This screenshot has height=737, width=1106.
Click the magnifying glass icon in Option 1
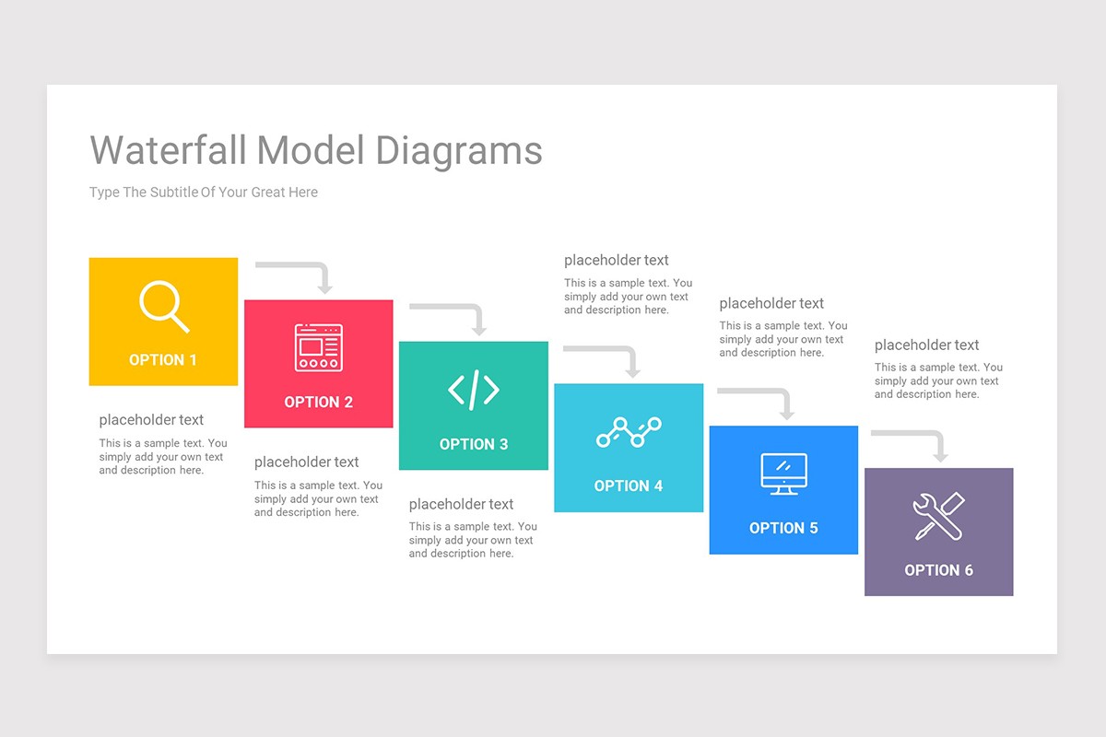[163, 306]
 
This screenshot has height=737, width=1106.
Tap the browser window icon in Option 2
[318, 347]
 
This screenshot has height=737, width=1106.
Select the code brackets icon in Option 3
[474, 390]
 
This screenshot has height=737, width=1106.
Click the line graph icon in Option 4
[629, 431]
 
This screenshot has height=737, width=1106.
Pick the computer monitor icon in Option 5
[783, 474]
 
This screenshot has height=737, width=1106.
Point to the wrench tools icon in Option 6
[938, 516]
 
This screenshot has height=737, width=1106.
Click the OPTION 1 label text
[163, 360]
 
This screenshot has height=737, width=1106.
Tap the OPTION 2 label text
[318, 403]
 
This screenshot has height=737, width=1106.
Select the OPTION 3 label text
[474, 444]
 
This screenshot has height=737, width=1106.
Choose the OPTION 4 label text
[629, 486]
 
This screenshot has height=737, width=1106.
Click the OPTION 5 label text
[783, 528]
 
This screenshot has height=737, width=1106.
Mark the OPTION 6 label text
[938, 570]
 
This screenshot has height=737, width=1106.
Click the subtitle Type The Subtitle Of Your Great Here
[204, 193]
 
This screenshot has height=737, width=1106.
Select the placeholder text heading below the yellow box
[151, 420]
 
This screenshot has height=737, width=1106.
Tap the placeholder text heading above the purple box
[926, 345]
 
